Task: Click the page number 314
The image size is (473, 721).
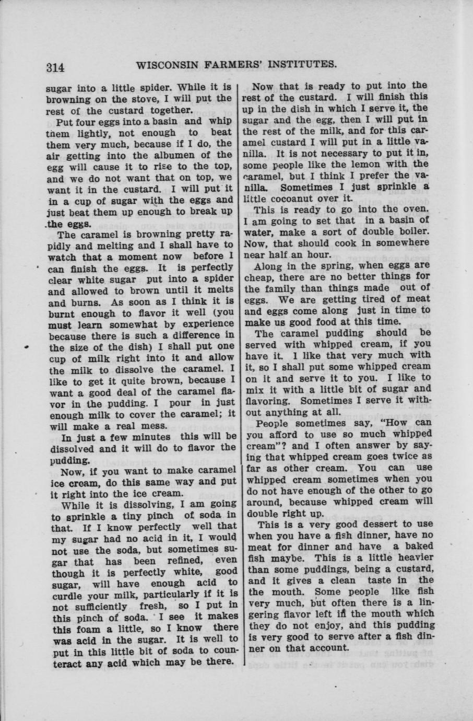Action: coord(55,67)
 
